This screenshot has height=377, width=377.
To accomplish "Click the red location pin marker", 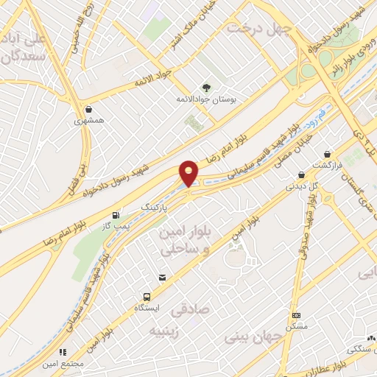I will (189, 174).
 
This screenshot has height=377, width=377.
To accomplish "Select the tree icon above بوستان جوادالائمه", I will (204, 87).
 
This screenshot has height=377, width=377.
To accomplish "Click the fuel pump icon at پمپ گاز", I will (114, 216).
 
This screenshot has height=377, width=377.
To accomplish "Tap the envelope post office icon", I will (161, 277).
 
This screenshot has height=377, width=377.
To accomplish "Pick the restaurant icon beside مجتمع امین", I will (63, 353).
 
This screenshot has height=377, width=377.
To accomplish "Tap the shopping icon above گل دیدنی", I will (300, 175).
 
